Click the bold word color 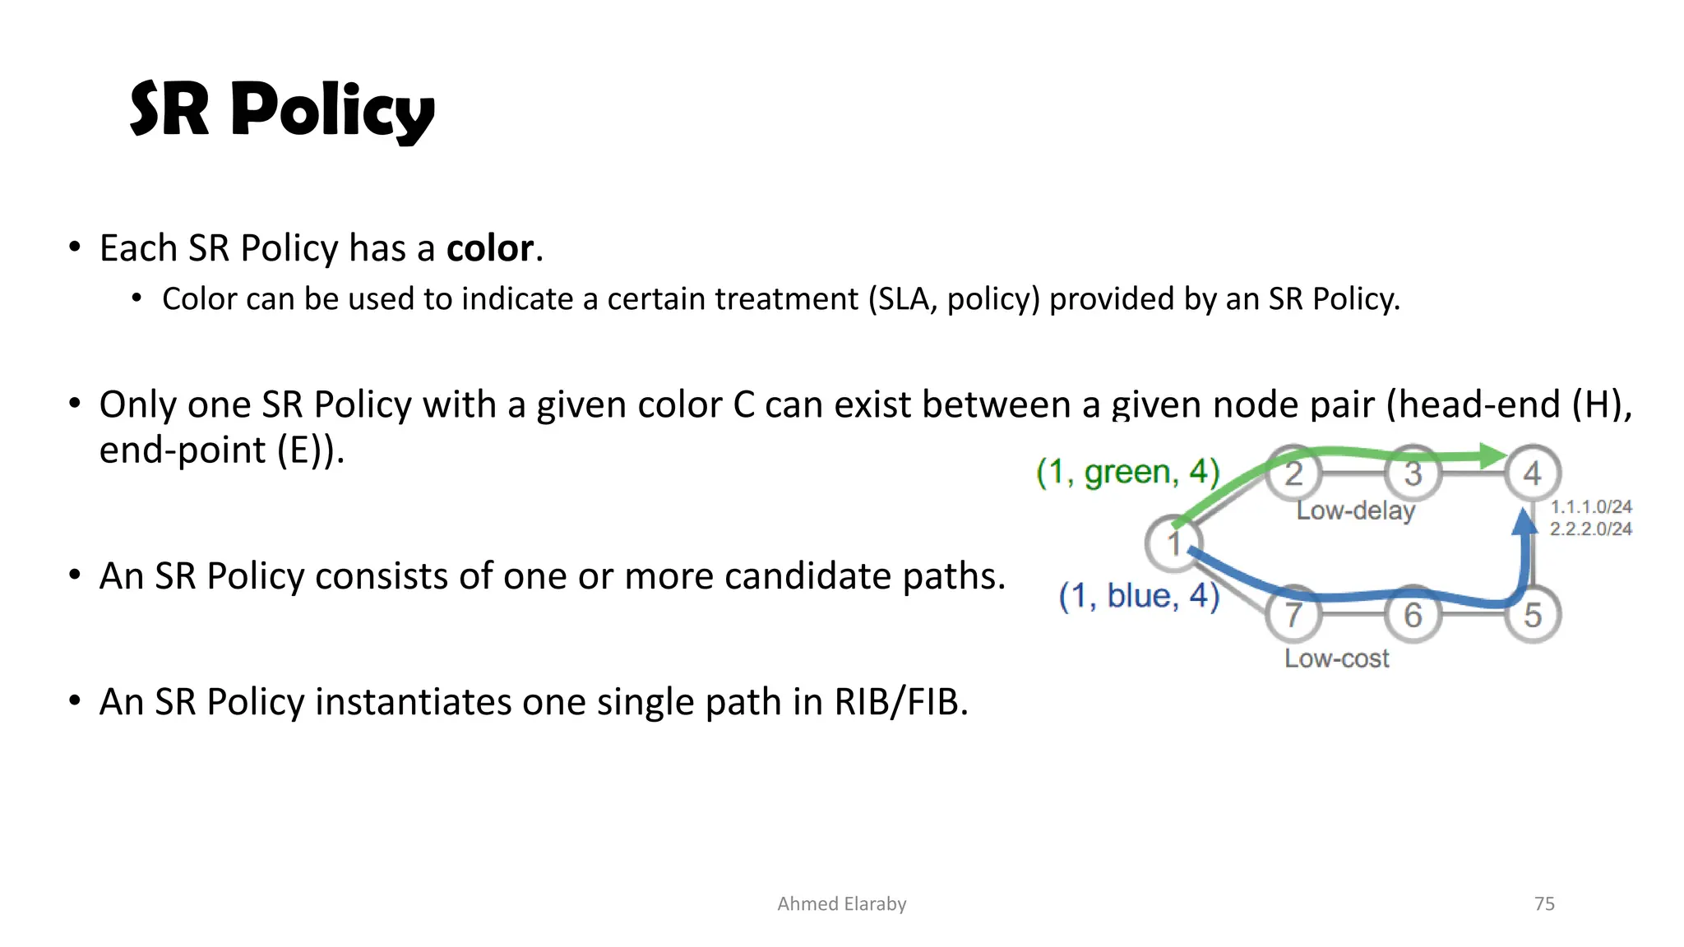[x=490, y=248]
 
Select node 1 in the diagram [x=1173, y=543]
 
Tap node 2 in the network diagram [x=1293, y=473]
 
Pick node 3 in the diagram [x=1413, y=473]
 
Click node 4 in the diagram [x=1532, y=473]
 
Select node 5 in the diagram [x=1532, y=615]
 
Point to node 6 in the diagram [x=1413, y=615]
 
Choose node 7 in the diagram [x=1293, y=615]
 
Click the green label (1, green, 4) [x=1127, y=472]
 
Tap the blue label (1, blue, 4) [x=1139, y=596]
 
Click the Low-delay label [x=1356, y=510]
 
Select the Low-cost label [x=1337, y=658]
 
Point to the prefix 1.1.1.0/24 [x=1590, y=507]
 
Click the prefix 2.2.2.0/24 [x=1590, y=529]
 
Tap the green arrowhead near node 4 [x=1492, y=455]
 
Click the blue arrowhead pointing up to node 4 [x=1524, y=523]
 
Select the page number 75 [x=1544, y=903]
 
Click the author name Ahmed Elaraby [x=841, y=903]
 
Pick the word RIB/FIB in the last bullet [x=901, y=702]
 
